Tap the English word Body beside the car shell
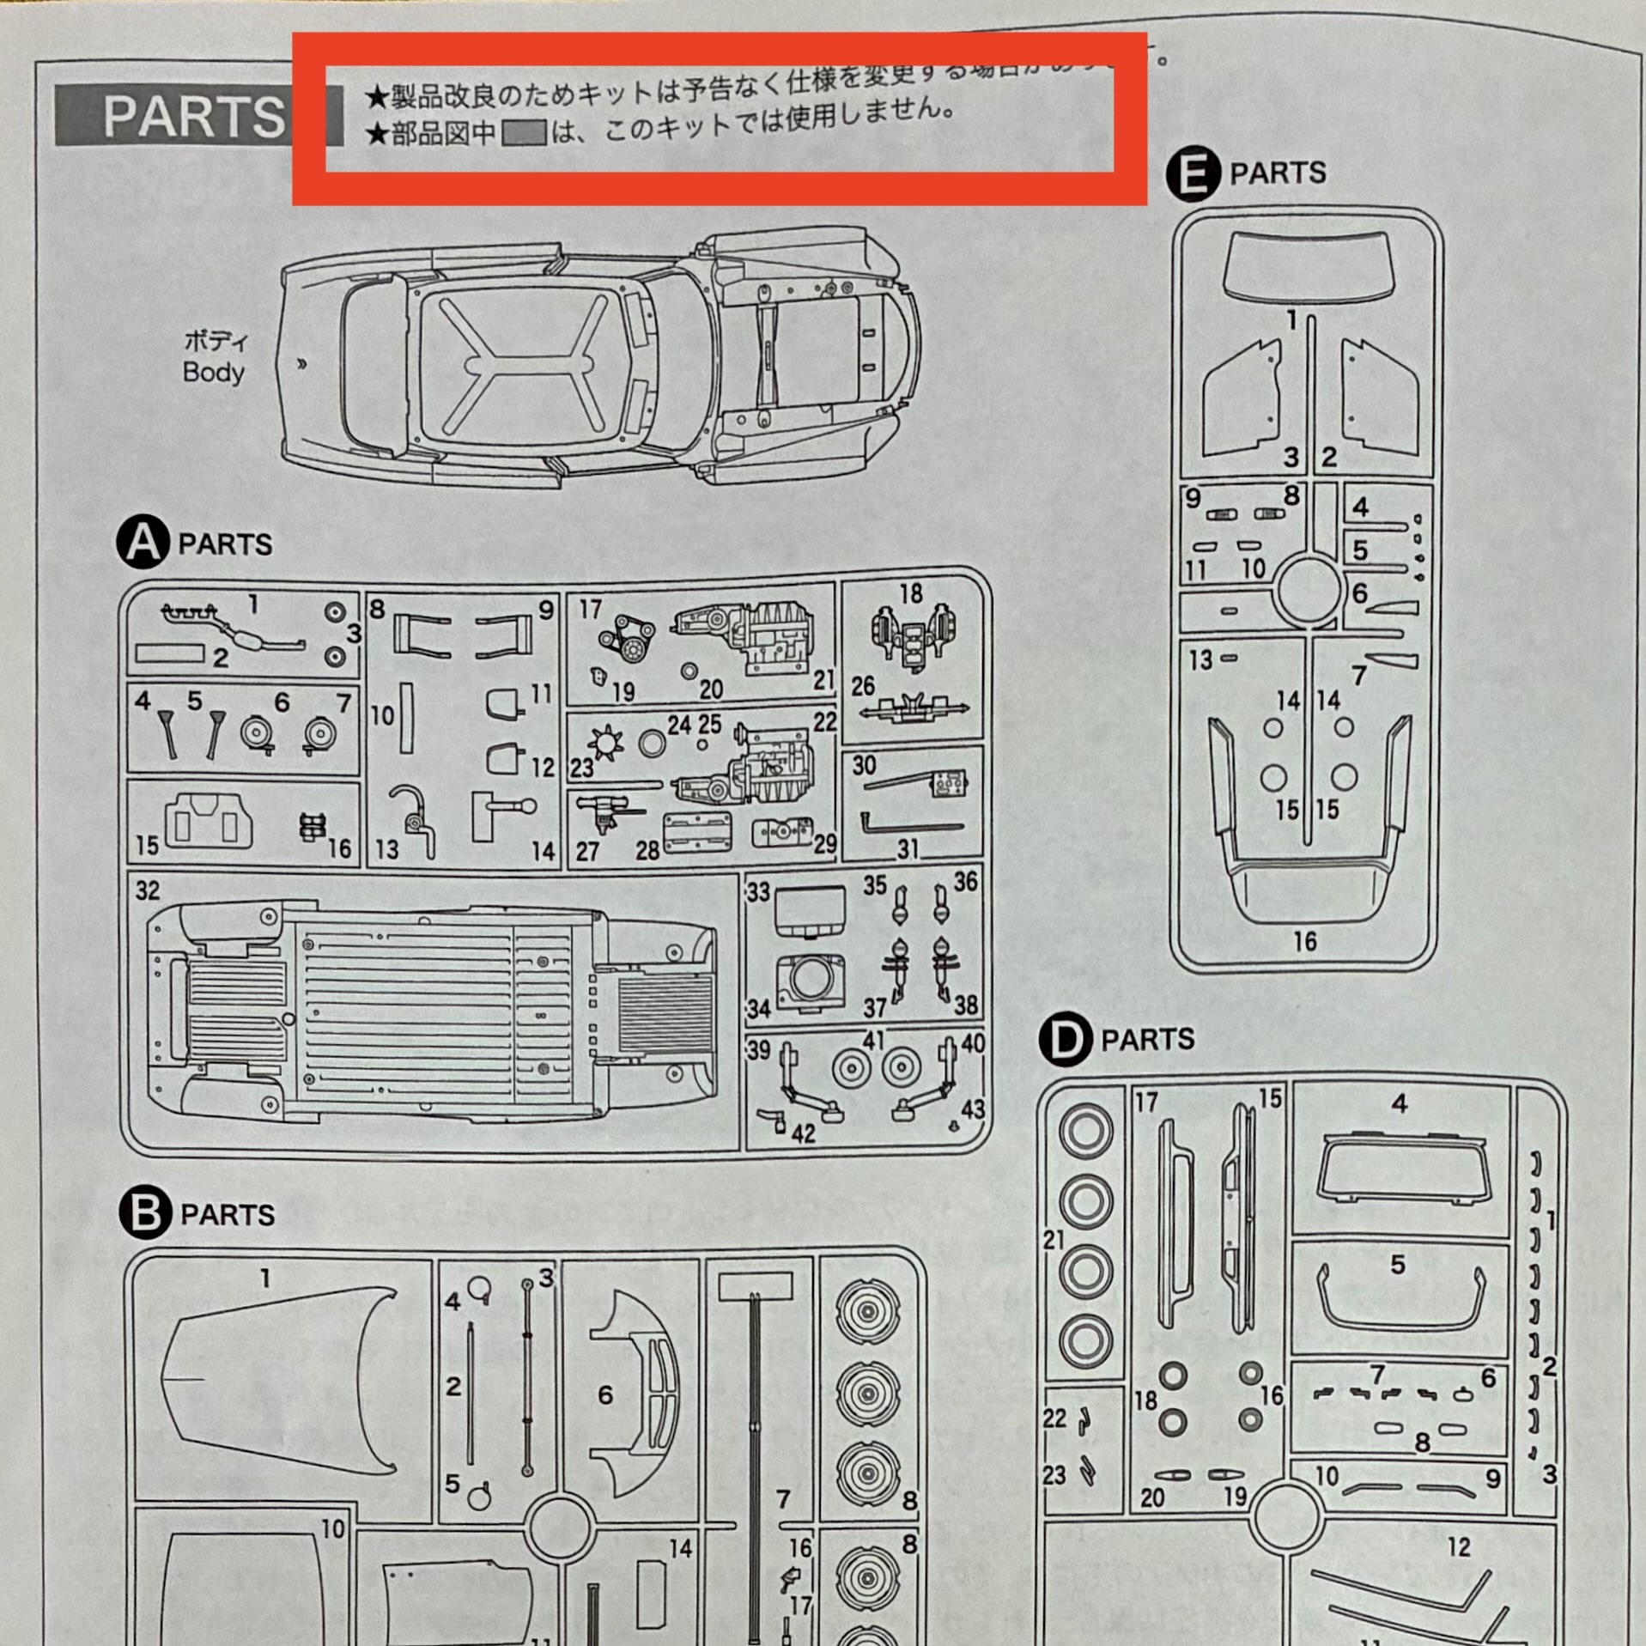[213, 373]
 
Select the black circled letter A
[143, 543]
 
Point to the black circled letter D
[1066, 1039]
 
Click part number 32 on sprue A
[148, 890]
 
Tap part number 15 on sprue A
[147, 846]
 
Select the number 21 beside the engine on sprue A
[823, 680]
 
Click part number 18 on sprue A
[911, 593]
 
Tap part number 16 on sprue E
[1304, 942]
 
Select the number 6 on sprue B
[605, 1394]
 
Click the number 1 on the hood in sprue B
[265, 1279]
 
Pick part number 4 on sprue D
[1400, 1104]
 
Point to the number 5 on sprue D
[1398, 1265]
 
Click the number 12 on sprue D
[1459, 1547]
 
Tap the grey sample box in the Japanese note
[524, 133]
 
